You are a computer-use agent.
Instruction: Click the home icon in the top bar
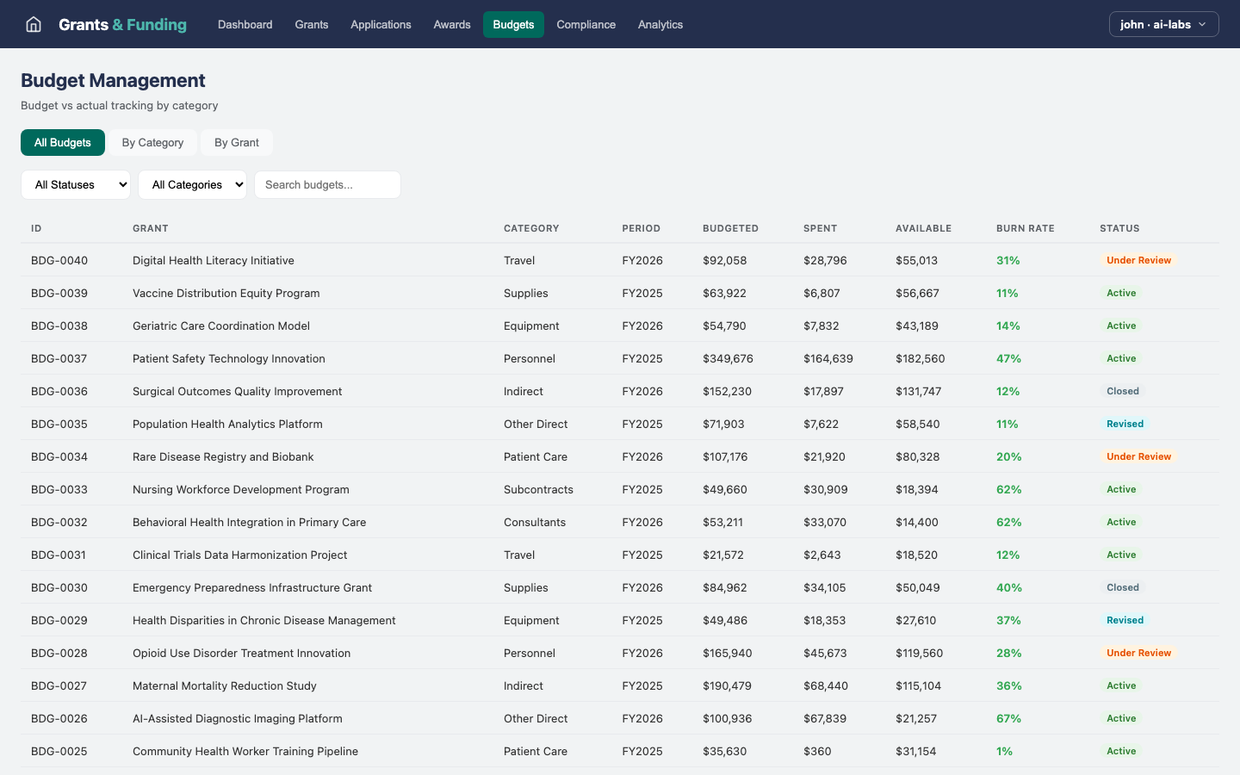point(34,24)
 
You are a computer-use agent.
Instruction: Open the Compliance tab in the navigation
point(586,24)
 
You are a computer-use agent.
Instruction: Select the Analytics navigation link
point(660,24)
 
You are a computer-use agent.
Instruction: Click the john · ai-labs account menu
point(1163,24)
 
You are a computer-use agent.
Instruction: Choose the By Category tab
point(152,143)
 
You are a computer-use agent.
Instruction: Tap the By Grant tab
point(237,143)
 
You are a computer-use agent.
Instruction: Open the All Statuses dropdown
point(76,185)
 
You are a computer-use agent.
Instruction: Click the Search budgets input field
point(327,185)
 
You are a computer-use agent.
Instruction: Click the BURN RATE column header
point(1025,229)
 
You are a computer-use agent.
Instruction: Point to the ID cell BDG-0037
point(59,359)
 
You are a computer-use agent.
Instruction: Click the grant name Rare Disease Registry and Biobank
point(223,457)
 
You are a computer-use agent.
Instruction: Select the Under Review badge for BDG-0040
point(1138,261)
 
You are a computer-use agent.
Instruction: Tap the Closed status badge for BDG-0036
point(1123,392)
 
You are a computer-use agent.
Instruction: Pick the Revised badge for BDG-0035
point(1125,425)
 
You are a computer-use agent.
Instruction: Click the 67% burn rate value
point(1008,719)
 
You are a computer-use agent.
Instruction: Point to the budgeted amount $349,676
point(728,359)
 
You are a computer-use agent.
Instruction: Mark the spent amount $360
point(817,752)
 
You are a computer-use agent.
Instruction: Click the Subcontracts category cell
point(538,490)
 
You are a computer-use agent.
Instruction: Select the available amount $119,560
point(919,654)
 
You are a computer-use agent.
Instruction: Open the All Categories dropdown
point(192,185)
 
